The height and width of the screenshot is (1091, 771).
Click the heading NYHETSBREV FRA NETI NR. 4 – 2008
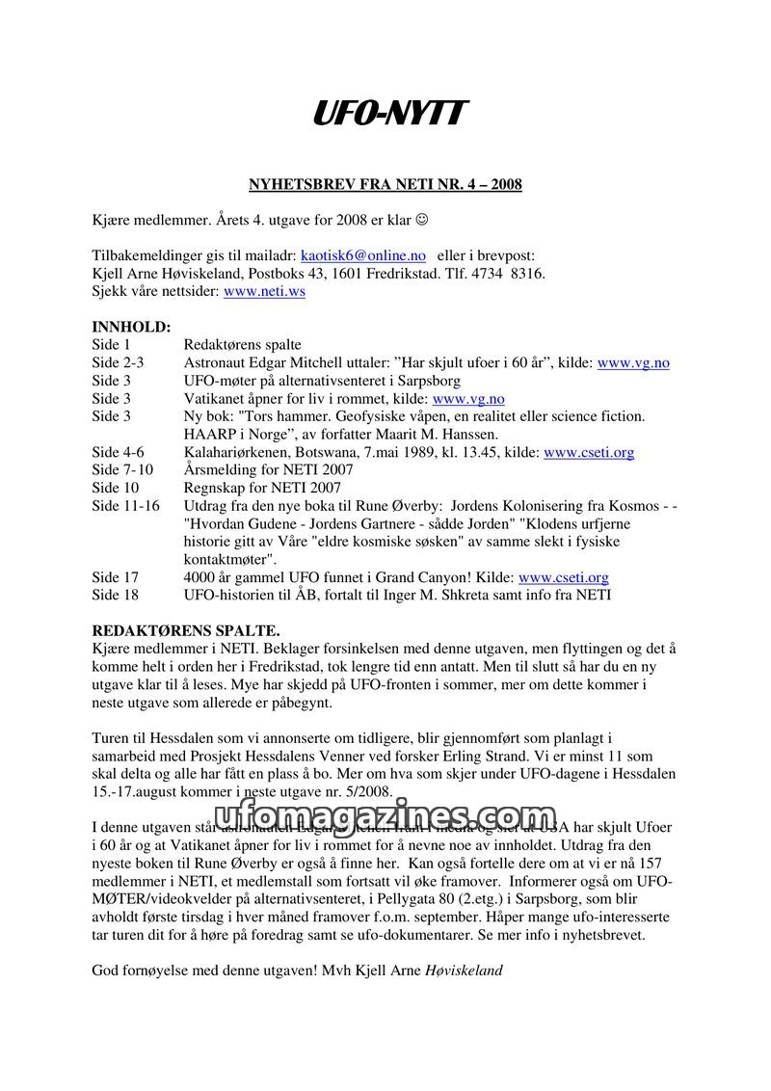385,184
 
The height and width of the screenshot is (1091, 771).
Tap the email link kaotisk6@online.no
362,256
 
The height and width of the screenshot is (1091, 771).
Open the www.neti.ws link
264,291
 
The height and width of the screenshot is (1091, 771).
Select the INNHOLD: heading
131,327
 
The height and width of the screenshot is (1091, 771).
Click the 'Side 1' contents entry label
112,344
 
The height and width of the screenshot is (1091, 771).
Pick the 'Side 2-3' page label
119,362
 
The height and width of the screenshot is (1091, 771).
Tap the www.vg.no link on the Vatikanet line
468,398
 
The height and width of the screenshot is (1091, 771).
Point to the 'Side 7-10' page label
122,469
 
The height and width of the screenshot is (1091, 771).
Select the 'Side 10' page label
116,488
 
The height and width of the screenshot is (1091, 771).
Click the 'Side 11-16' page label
126,505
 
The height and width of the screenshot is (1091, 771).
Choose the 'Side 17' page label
116,577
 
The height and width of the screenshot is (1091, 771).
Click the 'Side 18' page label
116,595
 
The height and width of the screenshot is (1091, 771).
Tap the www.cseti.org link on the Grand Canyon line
564,577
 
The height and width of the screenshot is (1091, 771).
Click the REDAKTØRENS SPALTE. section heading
186,630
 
